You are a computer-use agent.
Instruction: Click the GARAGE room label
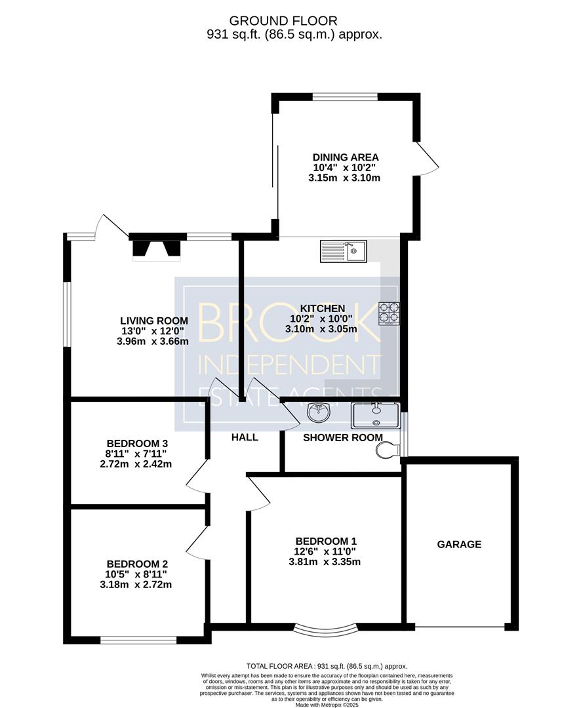459,544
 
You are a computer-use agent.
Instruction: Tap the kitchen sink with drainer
344,252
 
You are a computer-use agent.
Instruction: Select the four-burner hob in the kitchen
389,313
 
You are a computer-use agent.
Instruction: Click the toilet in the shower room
387,450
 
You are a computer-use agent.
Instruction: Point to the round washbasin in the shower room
319,411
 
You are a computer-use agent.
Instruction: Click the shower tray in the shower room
376,416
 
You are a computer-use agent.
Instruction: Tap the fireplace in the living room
156,250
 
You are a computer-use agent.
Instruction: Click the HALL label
245,437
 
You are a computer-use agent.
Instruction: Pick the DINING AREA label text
346,157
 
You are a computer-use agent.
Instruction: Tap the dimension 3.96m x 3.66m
153,342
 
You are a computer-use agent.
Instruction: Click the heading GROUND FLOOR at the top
283,21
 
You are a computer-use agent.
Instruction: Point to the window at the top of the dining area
346,96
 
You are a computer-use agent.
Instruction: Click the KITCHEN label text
323,308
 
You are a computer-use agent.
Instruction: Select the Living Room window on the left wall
67,314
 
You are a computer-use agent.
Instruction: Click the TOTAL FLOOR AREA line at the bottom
327,666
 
